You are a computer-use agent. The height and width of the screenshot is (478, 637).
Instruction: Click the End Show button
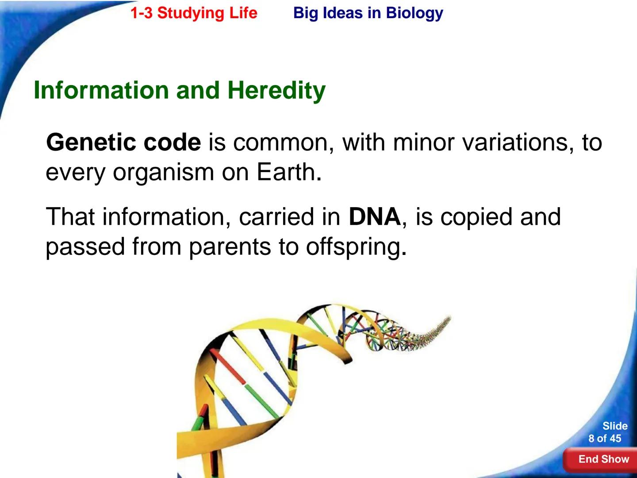(x=603, y=459)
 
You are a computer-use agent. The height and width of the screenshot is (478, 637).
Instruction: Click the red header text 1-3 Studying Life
(x=194, y=13)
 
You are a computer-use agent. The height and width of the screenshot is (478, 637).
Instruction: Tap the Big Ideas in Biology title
(x=368, y=13)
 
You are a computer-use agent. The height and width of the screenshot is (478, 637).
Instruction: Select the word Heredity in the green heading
(x=276, y=90)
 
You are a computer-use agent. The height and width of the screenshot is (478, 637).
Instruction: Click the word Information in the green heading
(x=101, y=90)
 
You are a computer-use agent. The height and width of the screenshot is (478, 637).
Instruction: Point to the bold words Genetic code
(x=123, y=143)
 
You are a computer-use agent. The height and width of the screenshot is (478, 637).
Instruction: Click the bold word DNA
(x=374, y=217)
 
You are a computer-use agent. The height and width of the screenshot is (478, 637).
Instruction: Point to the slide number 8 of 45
(x=605, y=439)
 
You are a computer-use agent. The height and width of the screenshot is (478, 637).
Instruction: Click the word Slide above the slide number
(x=615, y=426)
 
